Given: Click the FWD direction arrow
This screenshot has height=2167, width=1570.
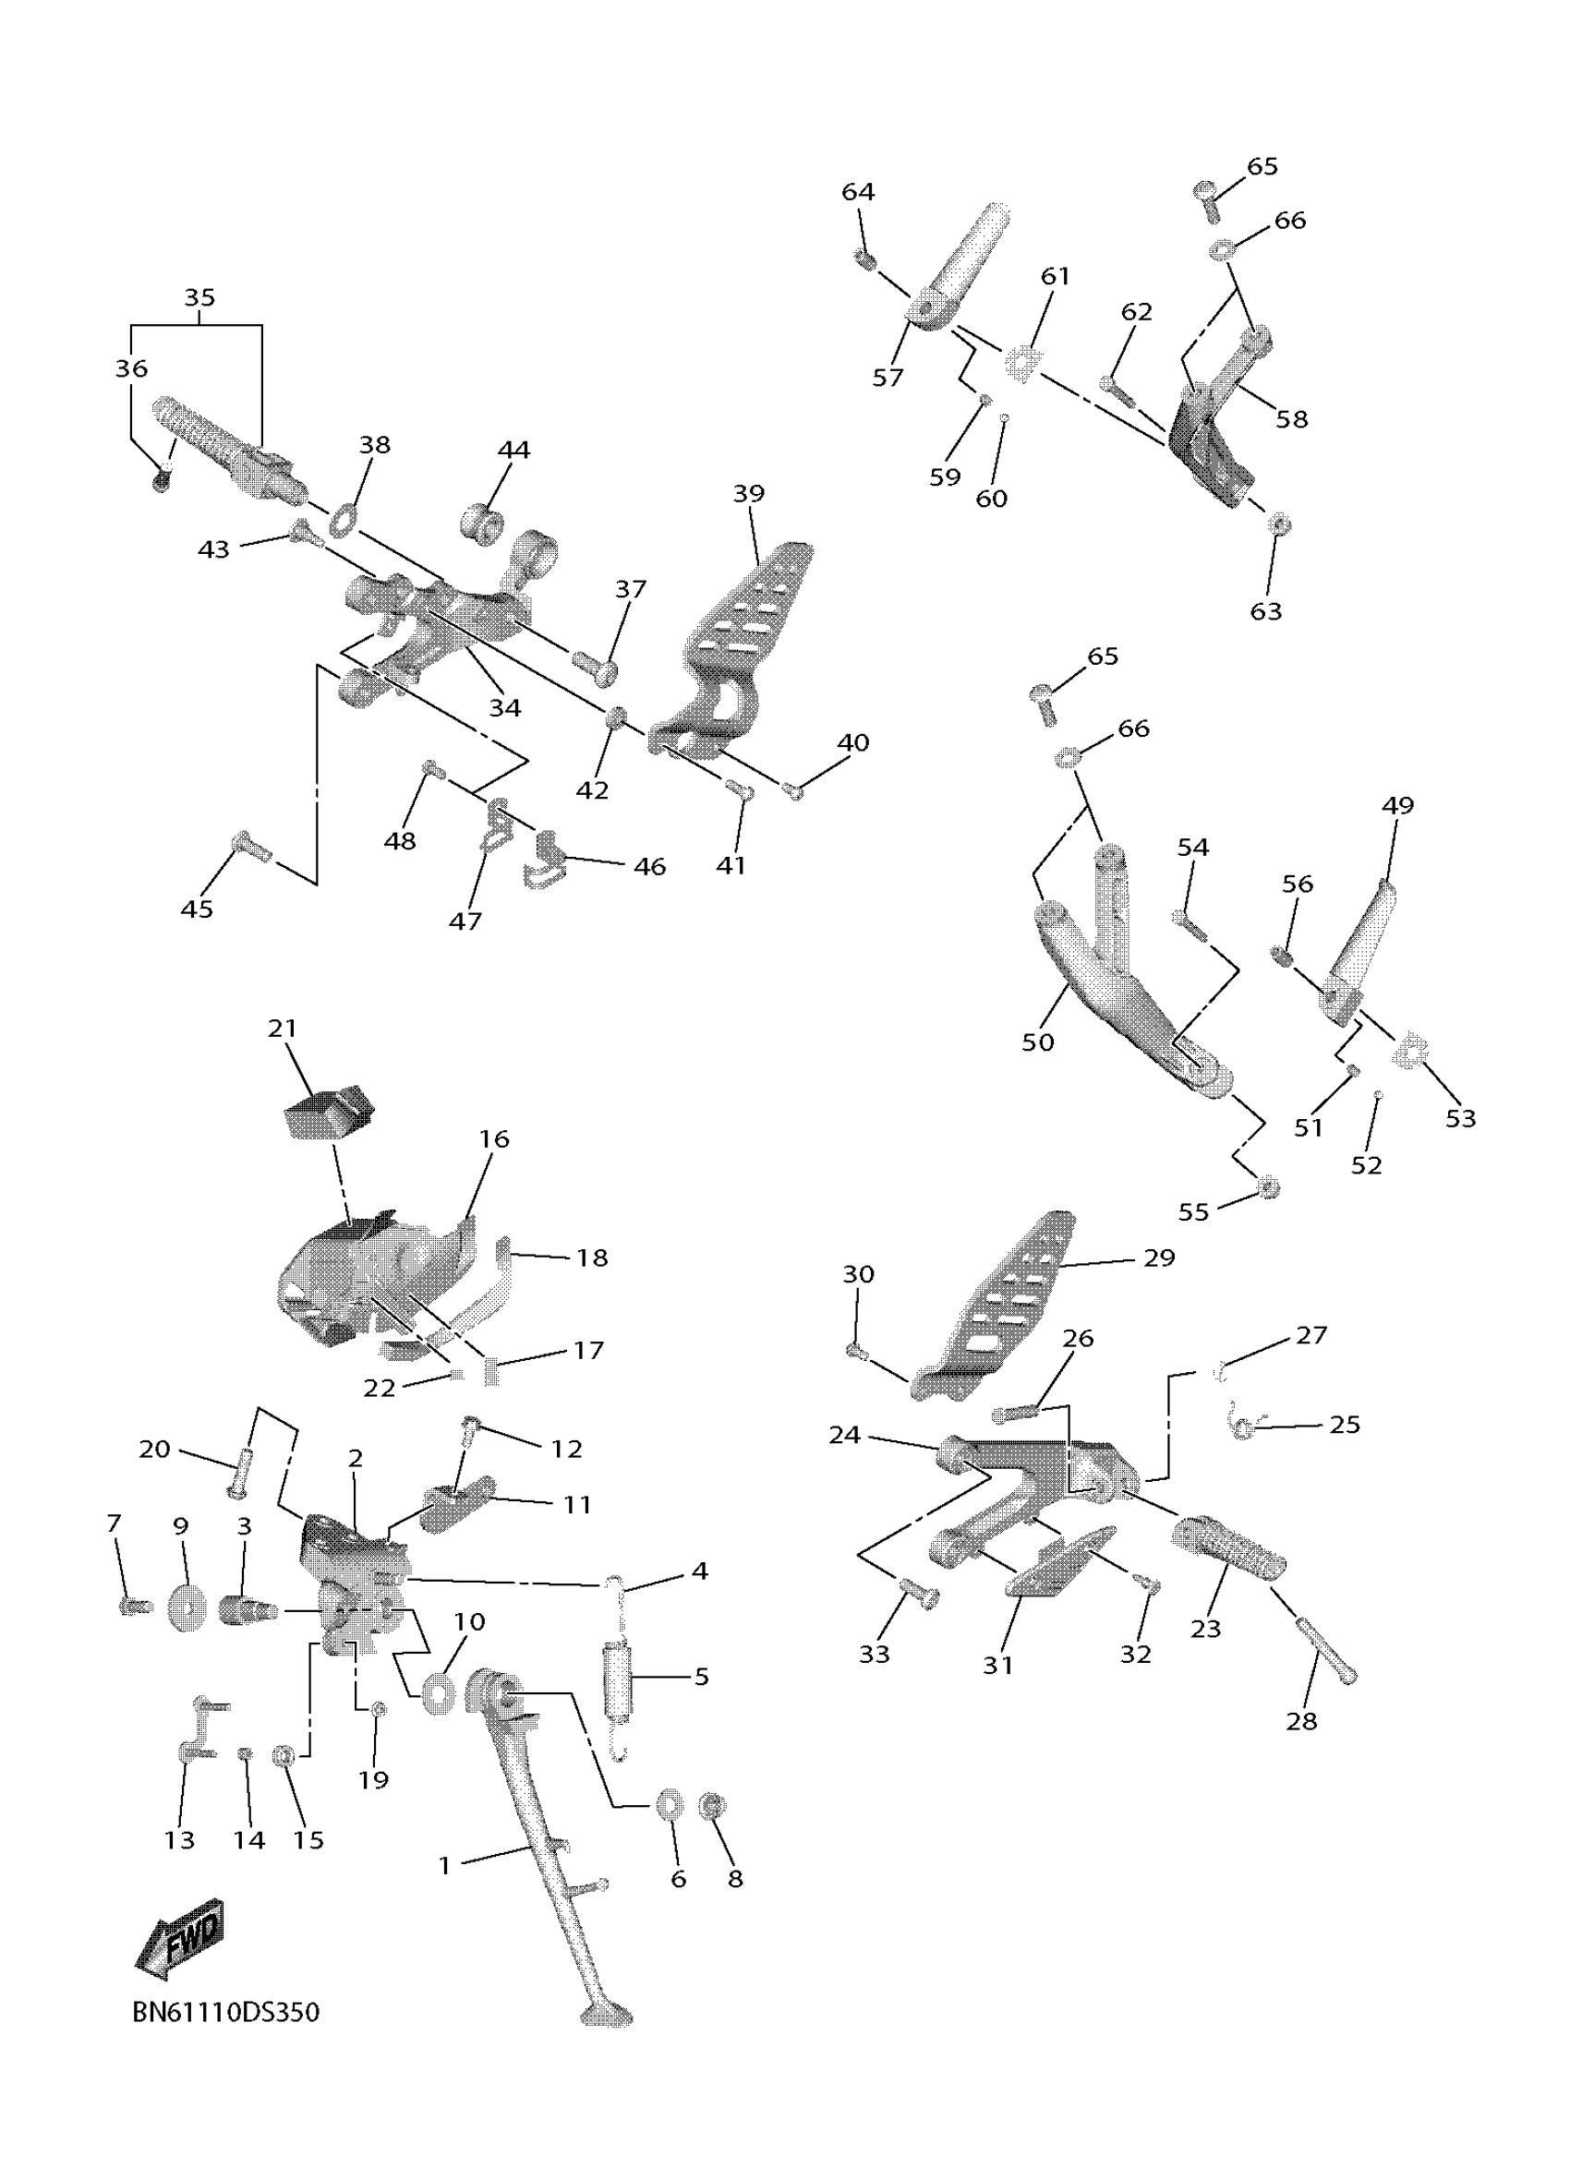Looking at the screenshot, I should pos(181,1938).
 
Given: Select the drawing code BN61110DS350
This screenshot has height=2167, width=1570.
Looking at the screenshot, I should pos(225,2013).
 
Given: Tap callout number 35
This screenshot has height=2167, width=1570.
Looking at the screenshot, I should pos(199,298).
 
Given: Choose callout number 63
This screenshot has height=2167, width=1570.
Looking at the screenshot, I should pos(1265,611).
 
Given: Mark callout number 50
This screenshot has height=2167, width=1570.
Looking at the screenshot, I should pos(1038,1042).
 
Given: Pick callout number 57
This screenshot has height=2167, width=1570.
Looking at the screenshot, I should pos(887,379).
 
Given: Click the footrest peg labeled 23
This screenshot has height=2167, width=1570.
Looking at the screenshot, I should pos(1228,1553).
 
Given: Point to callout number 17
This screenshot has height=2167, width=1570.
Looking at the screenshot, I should pos(588,1350).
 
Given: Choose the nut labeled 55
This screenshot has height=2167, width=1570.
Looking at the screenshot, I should pos(1268,1188).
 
